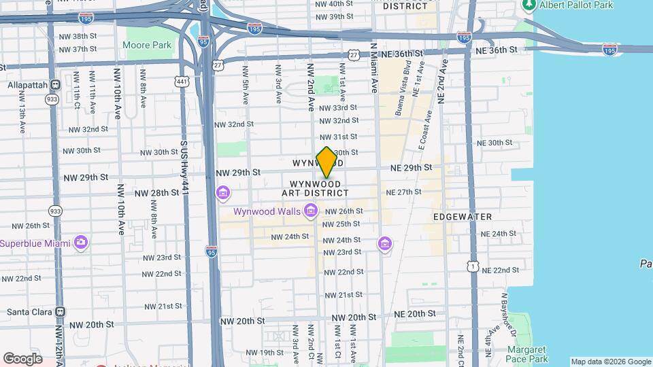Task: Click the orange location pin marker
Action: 327,162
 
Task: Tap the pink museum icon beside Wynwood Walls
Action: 311,211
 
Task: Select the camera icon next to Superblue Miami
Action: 81,242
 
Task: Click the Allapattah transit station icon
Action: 55,84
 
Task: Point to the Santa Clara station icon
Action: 61,312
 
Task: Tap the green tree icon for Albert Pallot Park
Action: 529,5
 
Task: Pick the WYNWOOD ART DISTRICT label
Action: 315,189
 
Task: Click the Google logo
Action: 22,358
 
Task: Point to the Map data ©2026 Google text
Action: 610,362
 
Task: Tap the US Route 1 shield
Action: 472,267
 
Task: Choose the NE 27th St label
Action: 404,192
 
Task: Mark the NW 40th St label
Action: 335,3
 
